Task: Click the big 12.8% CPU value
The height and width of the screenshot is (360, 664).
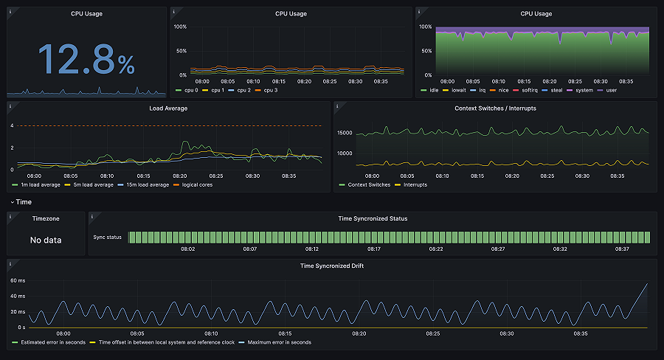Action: click(x=86, y=59)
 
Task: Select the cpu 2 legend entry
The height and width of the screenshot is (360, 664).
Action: click(x=244, y=90)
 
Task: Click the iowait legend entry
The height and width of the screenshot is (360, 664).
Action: click(x=459, y=90)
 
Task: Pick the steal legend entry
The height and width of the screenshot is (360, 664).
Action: click(x=558, y=90)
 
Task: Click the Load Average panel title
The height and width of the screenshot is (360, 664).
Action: click(x=168, y=108)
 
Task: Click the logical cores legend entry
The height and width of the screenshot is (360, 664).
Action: click(x=197, y=184)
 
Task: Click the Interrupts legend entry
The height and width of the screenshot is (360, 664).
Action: click(x=416, y=184)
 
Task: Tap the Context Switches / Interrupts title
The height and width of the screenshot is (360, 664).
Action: click(x=495, y=108)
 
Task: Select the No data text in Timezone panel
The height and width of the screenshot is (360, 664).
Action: click(x=46, y=240)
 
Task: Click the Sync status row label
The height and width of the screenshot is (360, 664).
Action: click(x=107, y=238)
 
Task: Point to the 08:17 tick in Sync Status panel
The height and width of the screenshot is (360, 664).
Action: click(x=374, y=249)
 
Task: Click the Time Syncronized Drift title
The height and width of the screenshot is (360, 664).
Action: click(x=331, y=266)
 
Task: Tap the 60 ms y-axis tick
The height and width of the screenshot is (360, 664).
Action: click(x=18, y=281)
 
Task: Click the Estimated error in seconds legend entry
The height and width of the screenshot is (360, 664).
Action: click(x=52, y=342)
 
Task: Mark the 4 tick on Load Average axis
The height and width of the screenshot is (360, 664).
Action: click(x=12, y=126)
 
